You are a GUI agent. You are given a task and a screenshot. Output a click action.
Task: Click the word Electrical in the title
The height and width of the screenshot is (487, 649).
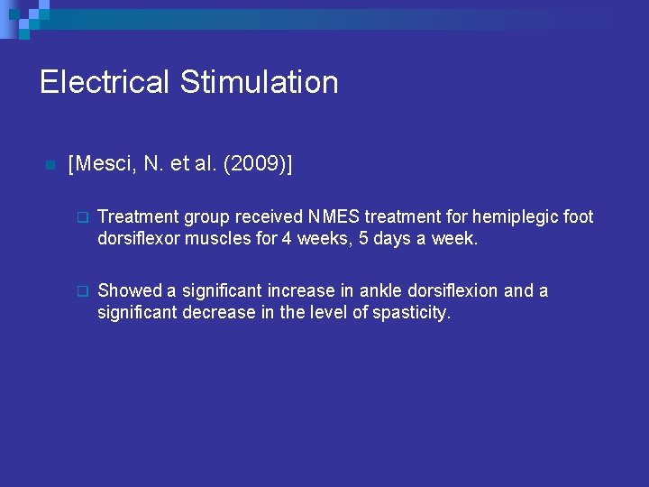pos(105,82)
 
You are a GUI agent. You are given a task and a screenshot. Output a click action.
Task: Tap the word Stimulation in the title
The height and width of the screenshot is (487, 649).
pos(259,82)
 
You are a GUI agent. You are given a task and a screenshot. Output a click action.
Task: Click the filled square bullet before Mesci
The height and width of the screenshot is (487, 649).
pos(50,165)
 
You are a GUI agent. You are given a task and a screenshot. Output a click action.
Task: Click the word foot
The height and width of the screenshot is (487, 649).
pos(577,216)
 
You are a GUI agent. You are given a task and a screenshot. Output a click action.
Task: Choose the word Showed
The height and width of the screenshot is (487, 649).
pos(125,290)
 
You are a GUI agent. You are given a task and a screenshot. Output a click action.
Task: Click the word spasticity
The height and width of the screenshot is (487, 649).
pos(404,314)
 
